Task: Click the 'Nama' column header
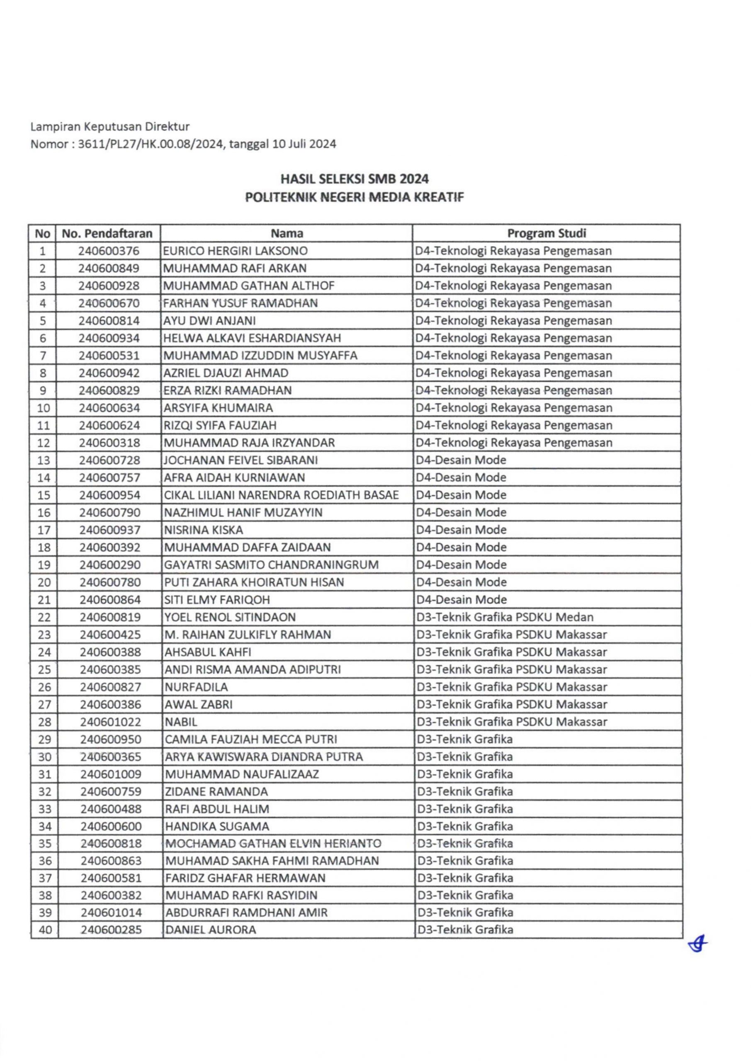pyautogui.click(x=287, y=233)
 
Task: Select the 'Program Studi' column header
pyautogui.click(x=547, y=233)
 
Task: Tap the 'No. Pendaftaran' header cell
pyautogui.click(x=107, y=233)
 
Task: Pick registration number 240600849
pyautogui.click(x=109, y=269)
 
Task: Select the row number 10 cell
pyautogui.click(x=43, y=408)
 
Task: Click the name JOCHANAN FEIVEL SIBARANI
pyautogui.click(x=241, y=460)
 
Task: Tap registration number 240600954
pyautogui.click(x=109, y=495)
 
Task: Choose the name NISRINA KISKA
pyautogui.click(x=204, y=530)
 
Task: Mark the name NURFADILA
pyautogui.click(x=197, y=687)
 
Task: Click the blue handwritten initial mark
pyautogui.click(x=698, y=945)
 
